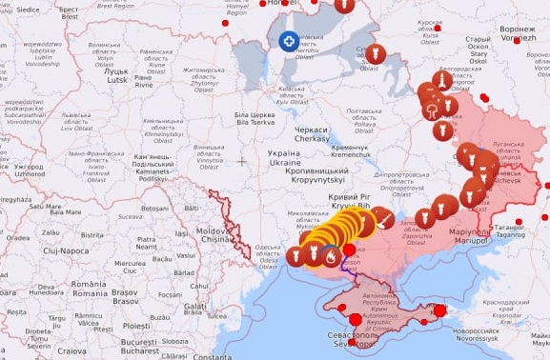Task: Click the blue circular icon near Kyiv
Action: pyautogui.click(x=289, y=41)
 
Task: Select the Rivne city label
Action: pyautogui.click(x=144, y=81)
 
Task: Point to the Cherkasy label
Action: pyautogui.click(x=311, y=133)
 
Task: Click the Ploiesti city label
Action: pyautogui.click(x=136, y=325)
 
